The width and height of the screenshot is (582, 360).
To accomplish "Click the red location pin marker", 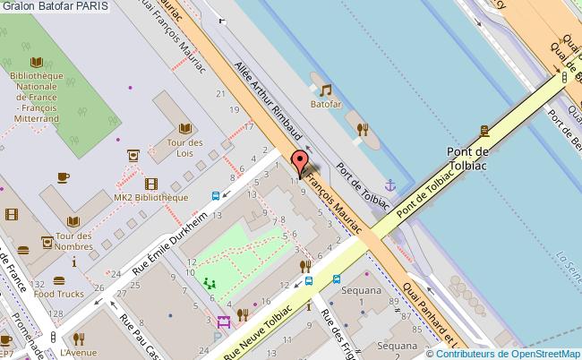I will pyautogui.click(x=300, y=163).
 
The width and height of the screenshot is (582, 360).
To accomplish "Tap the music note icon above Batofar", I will pyautogui.click(x=326, y=90).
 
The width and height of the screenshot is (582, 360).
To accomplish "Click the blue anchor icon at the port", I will pyautogui.click(x=389, y=185).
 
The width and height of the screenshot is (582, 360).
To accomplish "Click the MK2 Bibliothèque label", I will pyautogui.click(x=150, y=197).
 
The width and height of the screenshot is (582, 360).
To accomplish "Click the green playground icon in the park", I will pyautogui.click(x=211, y=283).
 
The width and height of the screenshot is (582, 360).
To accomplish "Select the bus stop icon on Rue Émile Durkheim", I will pyautogui.click(x=217, y=196).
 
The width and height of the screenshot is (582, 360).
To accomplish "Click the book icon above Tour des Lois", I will pyautogui.click(x=185, y=128).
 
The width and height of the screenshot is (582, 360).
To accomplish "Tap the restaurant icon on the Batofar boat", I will pyautogui.click(x=363, y=128).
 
